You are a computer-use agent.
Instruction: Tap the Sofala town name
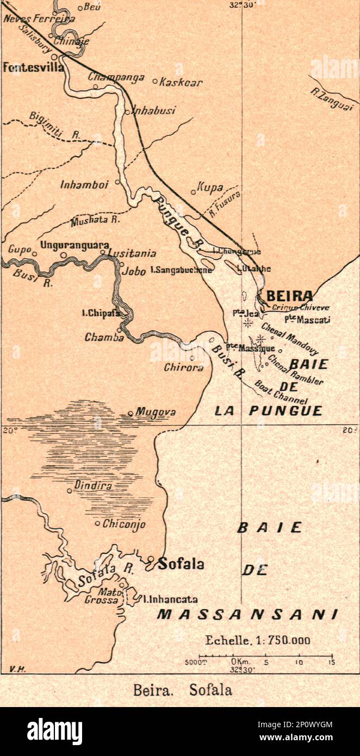[181, 564]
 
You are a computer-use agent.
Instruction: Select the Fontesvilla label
[33, 67]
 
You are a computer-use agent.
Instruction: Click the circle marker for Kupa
[193, 191]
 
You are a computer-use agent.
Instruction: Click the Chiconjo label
[123, 524]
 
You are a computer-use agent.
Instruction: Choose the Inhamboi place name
[84, 185]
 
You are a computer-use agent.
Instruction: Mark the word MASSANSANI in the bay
[247, 614]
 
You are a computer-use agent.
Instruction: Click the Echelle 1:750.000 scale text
[257, 640]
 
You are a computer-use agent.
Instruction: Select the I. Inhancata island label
[170, 599]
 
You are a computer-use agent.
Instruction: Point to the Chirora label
[184, 367]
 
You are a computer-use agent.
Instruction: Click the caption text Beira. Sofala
[182, 690]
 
